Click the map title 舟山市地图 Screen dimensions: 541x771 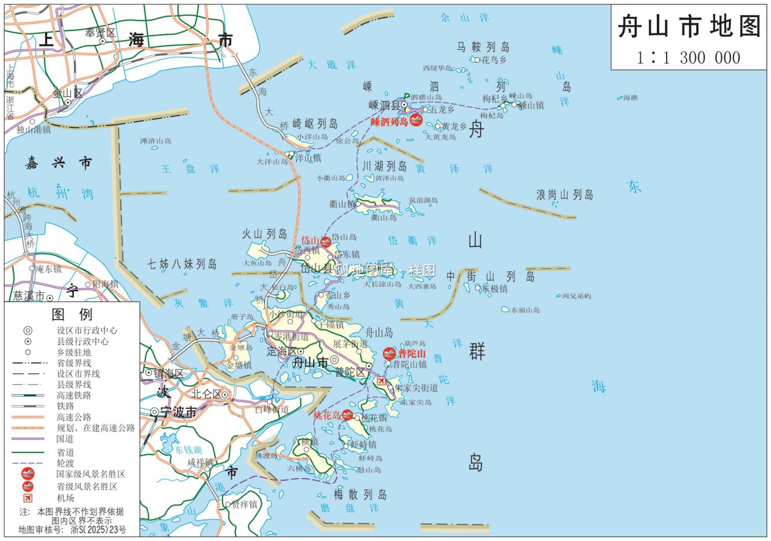pyautogui.click(x=689, y=26)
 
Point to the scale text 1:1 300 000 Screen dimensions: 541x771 pyautogui.click(x=689, y=58)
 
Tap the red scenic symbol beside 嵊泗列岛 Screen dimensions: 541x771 pyautogui.click(x=416, y=121)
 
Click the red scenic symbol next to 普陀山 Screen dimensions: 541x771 pyautogui.click(x=390, y=353)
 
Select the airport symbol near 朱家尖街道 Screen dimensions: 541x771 pyautogui.click(x=381, y=381)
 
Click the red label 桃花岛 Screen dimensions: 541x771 pyautogui.click(x=327, y=415)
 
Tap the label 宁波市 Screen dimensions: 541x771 pyautogui.click(x=178, y=412)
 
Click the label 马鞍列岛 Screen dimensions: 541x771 pyautogui.click(x=483, y=47)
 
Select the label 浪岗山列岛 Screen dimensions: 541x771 pyautogui.click(x=565, y=195)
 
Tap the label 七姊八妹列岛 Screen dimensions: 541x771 pyautogui.click(x=182, y=264)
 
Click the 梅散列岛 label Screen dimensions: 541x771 pyautogui.click(x=360, y=494)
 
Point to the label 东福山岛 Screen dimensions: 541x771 pyautogui.click(x=525, y=310)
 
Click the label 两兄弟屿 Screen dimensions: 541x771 pyautogui.click(x=577, y=296)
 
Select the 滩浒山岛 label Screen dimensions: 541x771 pyautogui.click(x=156, y=141)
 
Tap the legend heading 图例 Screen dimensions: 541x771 pyautogui.click(x=72, y=314)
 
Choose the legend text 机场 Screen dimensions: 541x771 pyautogui.click(x=65, y=498)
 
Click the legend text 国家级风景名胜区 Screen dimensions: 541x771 pyautogui.click(x=90, y=474)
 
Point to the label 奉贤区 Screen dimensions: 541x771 pyautogui.click(x=100, y=33)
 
